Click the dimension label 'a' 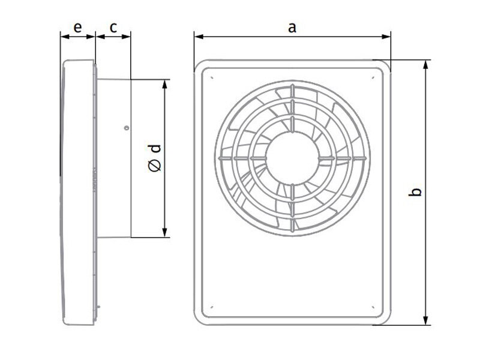[x=292, y=28]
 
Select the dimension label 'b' [x=415, y=192]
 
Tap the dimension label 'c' [x=113, y=28]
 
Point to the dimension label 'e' [x=78, y=28]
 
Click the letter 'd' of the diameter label [x=155, y=148]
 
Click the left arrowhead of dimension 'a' [x=199, y=37]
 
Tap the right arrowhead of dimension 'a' [x=386, y=37]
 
